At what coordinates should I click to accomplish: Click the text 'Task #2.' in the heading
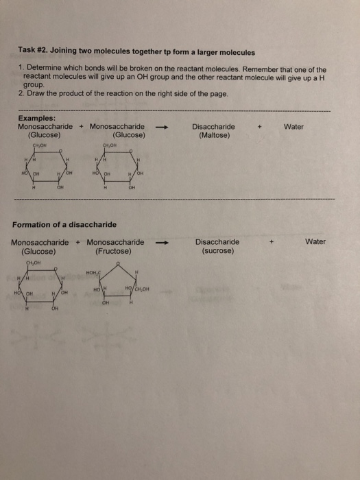[x=34, y=52]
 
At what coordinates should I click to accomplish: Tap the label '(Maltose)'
[x=213, y=135]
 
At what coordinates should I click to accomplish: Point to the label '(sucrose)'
[x=217, y=250]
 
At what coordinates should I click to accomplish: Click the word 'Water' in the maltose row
[x=293, y=127]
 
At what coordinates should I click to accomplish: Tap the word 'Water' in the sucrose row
[x=315, y=241]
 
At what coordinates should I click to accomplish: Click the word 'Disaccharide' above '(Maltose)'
[x=213, y=127]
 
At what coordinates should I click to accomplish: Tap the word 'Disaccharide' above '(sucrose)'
[x=217, y=241]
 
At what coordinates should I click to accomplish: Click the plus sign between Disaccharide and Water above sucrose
[x=272, y=241]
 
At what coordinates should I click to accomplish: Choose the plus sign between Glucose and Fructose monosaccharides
[x=78, y=242]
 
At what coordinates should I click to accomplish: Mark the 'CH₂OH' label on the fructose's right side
[x=140, y=288]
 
